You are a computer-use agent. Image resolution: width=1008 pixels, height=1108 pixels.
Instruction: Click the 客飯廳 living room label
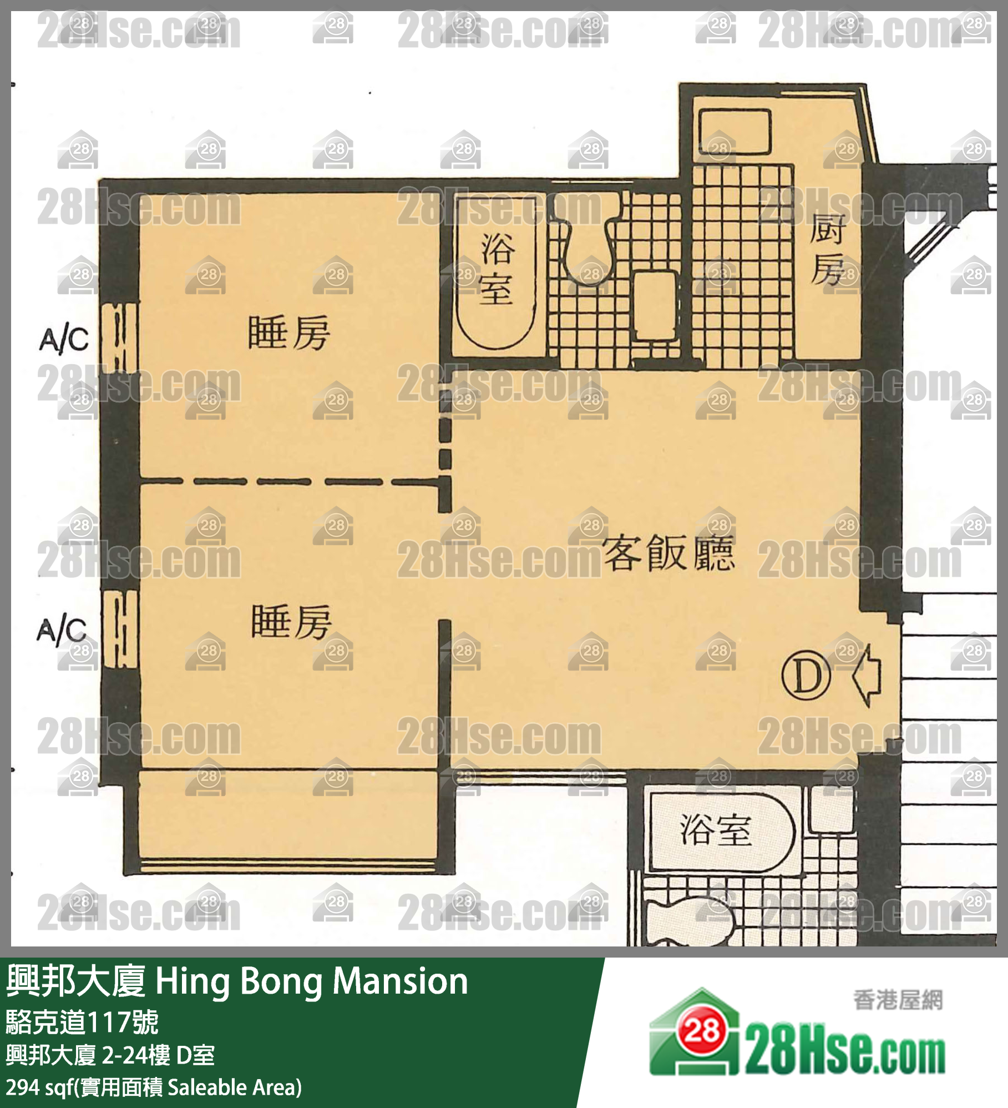668,553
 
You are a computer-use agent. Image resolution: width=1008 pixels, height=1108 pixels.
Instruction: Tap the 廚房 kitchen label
828,249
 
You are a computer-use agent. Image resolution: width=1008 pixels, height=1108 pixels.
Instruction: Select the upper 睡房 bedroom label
289,333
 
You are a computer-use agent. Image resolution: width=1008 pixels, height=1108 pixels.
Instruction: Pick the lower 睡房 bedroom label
292,622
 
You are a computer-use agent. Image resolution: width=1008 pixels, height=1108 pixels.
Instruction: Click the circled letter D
806,676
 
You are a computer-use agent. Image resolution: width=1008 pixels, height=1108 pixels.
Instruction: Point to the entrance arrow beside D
867,676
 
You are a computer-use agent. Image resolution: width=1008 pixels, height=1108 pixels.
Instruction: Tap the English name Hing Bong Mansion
312,981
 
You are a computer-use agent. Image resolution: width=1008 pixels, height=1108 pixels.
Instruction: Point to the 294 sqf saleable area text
154,1087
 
